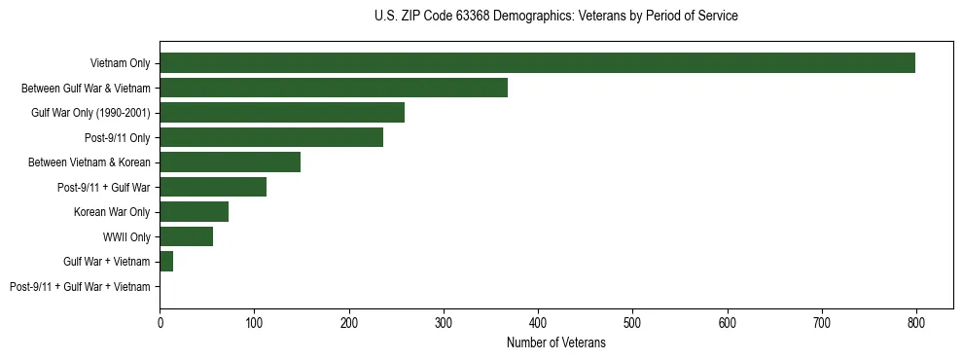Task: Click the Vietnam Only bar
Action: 537,63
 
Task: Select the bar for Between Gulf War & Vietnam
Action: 334,88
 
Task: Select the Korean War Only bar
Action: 194,212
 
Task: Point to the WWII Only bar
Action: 186,236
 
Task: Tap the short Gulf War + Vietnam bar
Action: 166,262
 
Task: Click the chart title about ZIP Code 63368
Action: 555,17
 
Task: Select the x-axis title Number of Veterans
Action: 555,343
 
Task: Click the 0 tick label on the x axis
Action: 160,322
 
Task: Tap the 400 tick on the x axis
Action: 538,322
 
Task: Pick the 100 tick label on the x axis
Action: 254,322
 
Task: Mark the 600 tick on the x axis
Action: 727,322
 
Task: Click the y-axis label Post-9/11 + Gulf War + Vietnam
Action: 80,287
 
